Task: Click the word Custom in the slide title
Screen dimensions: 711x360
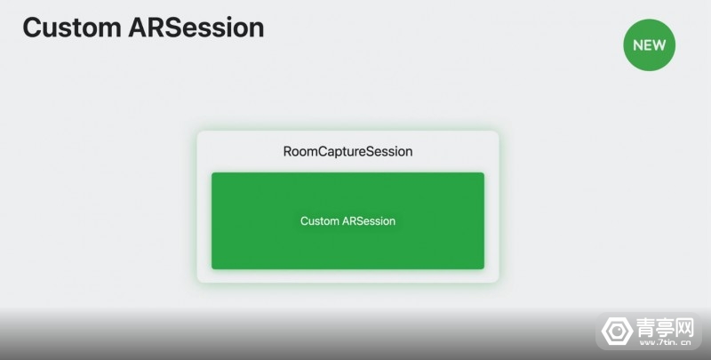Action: pos(72,28)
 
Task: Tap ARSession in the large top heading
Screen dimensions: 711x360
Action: pos(196,28)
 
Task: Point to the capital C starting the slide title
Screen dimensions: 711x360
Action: pos(32,28)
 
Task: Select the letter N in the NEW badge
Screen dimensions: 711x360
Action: pos(637,45)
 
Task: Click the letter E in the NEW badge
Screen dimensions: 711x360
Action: pos(647,45)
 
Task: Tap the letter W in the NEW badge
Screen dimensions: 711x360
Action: pos(659,45)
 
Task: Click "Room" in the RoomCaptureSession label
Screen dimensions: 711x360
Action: pos(300,151)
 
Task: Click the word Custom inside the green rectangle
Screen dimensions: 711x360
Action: pos(319,221)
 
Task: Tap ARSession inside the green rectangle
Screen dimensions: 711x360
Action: pos(369,221)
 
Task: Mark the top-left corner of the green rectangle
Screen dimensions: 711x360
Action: pos(212,172)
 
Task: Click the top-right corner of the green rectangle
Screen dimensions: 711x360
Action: pos(484,172)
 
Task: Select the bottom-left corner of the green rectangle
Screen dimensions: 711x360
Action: pos(212,269)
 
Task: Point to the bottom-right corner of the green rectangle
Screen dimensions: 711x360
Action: pos(484,269)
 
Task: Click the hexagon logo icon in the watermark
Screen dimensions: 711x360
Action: pos(617,331)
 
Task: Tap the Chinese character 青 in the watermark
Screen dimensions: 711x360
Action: pos(645,327)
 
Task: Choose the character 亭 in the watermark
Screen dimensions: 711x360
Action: pos(665,327)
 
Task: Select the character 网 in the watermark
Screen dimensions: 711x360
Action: pos(684,327)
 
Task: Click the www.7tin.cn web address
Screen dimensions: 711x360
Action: pos(664,343)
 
